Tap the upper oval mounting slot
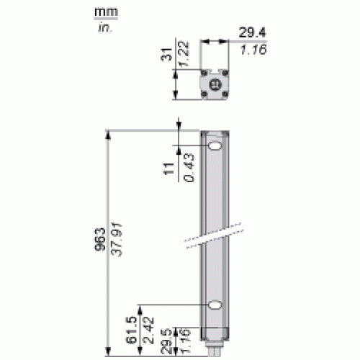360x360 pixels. [215, 148]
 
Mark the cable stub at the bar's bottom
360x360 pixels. [215, 353]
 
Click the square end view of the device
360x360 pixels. [214, 84]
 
